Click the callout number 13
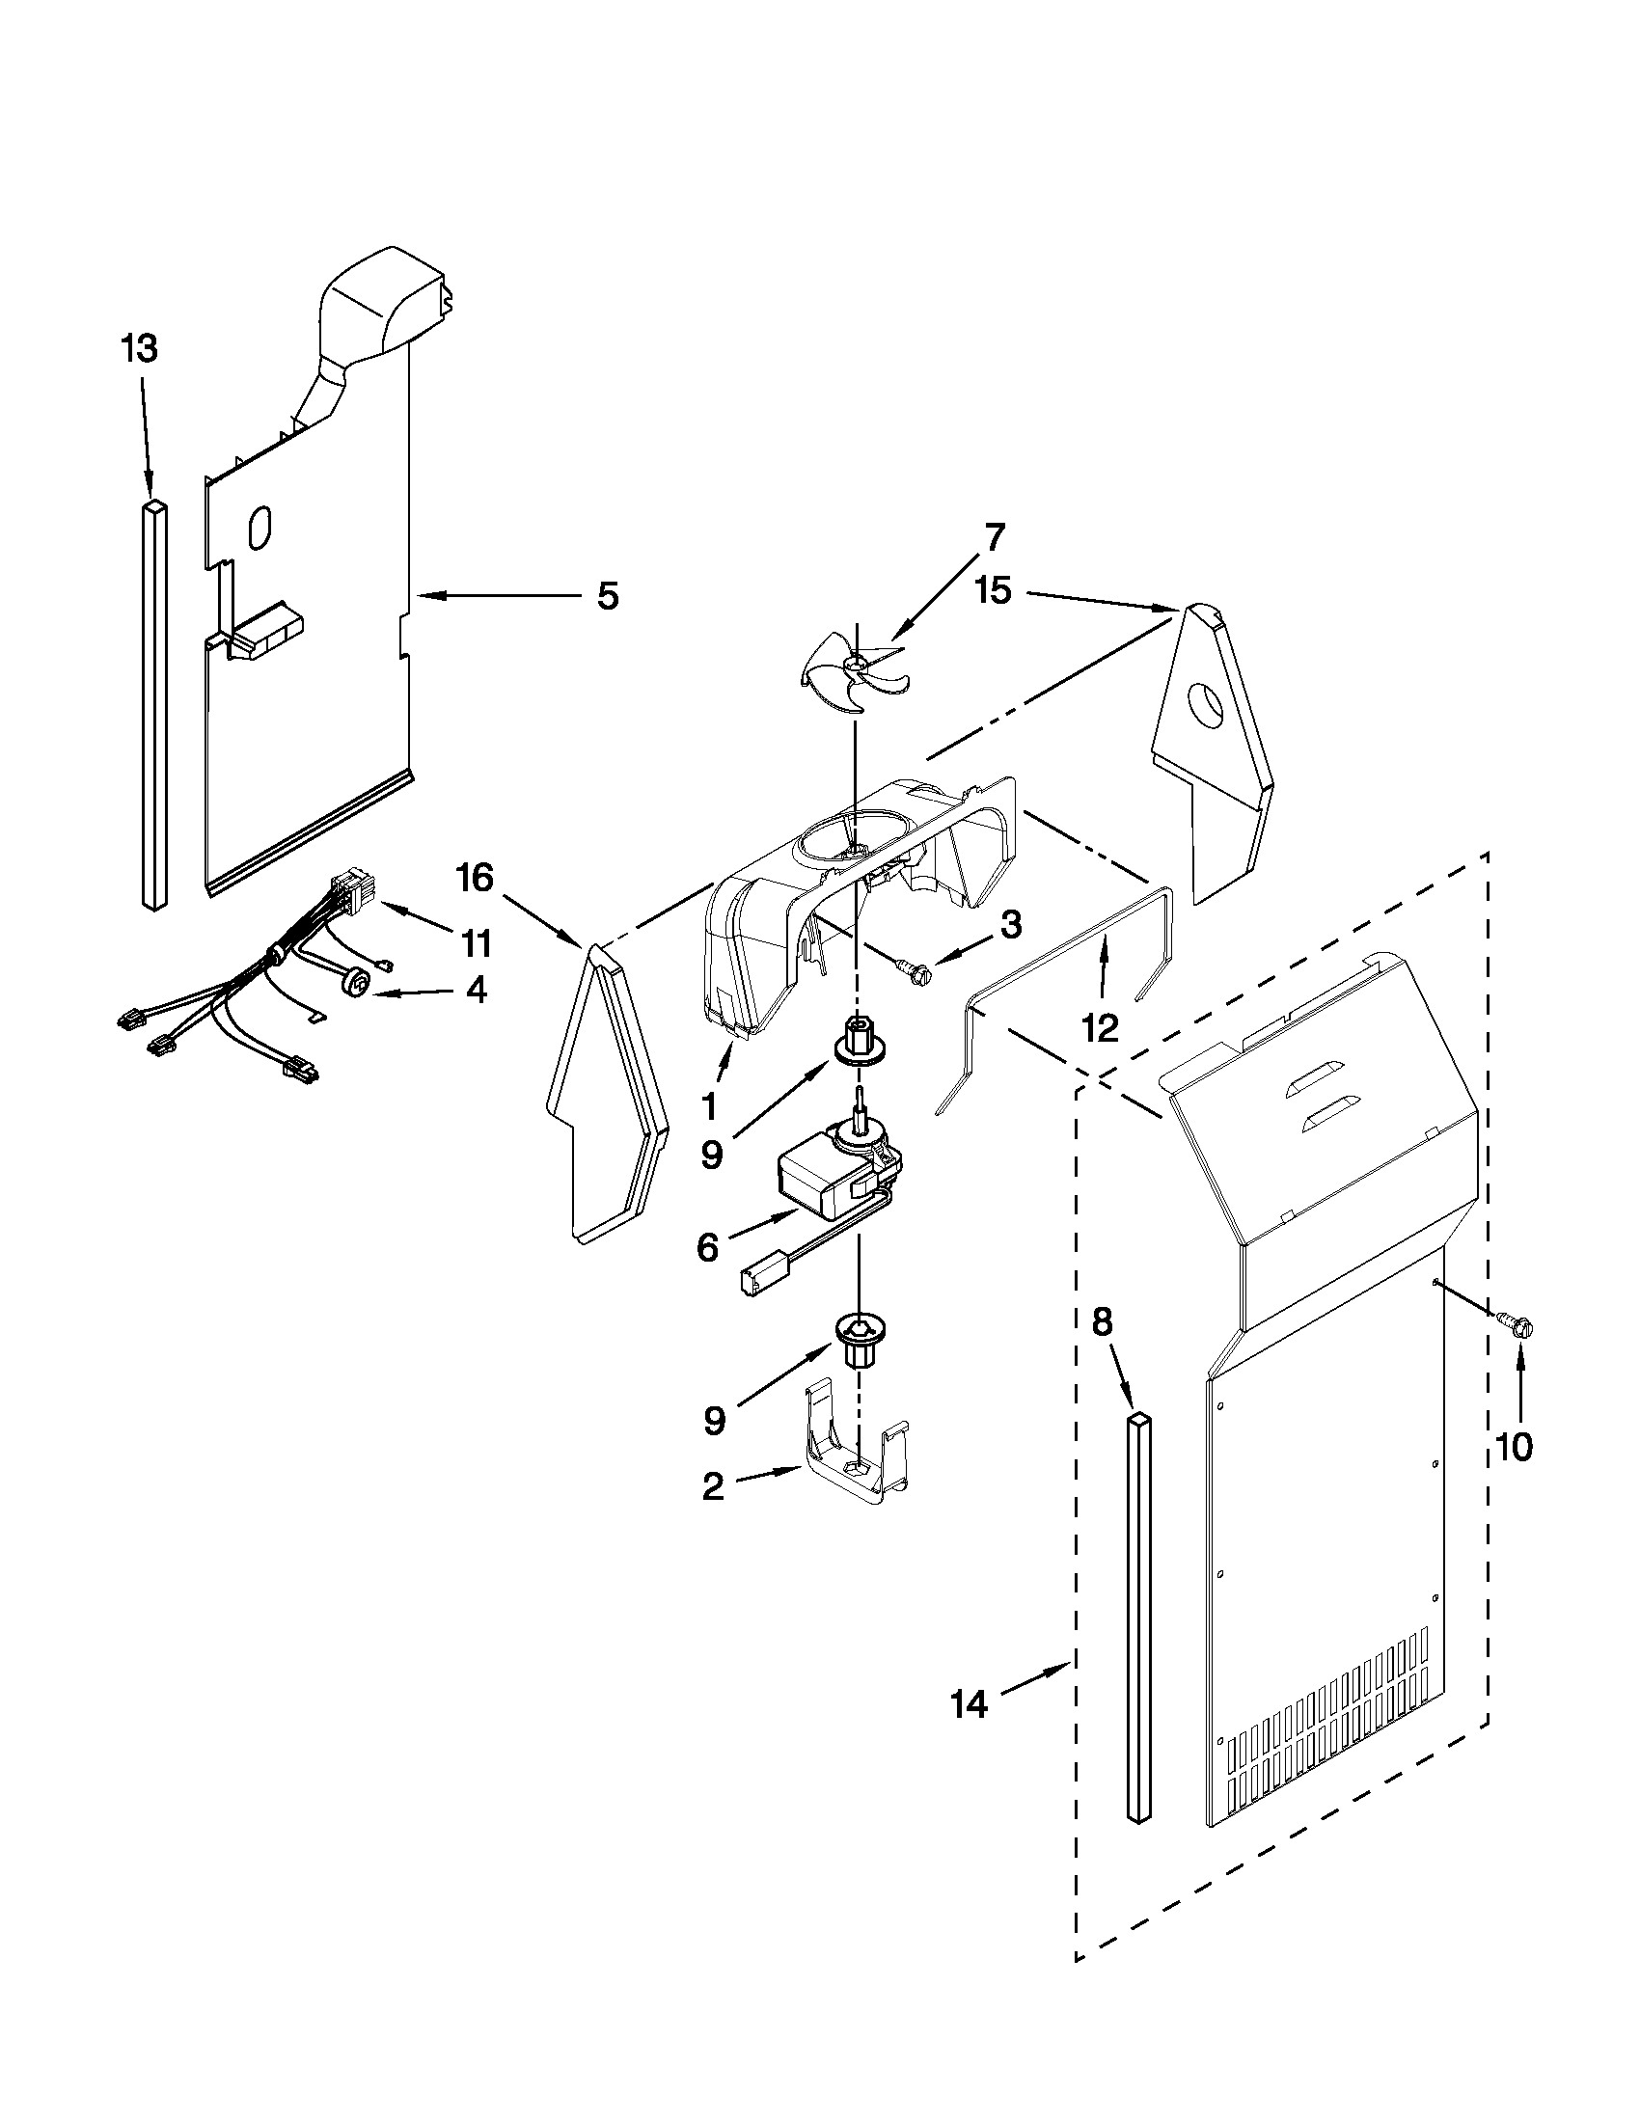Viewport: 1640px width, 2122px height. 140,349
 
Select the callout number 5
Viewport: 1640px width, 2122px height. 607,595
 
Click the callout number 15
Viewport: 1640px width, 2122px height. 994,589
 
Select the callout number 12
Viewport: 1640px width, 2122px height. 1101,1028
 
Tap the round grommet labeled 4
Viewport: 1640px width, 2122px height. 359,984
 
